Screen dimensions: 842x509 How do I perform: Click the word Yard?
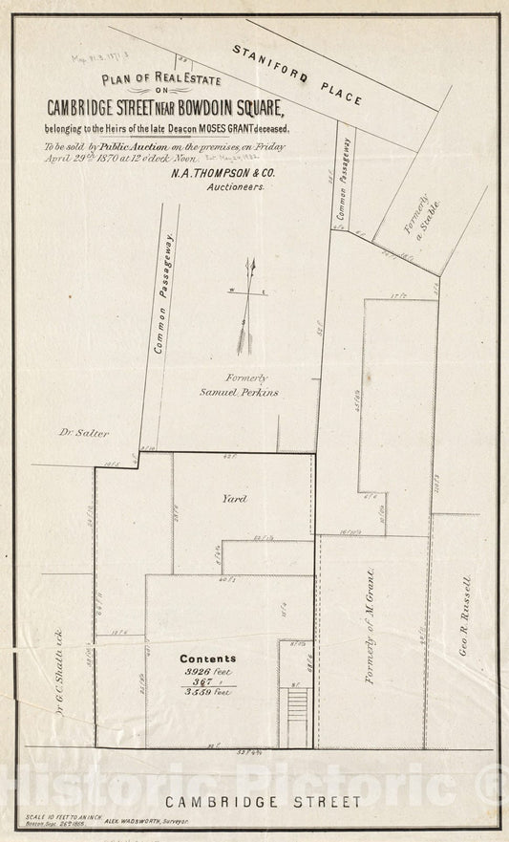pos(234,498)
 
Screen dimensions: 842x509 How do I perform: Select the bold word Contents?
pos(207,658)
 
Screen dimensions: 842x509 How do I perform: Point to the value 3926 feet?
pos(208,672)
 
